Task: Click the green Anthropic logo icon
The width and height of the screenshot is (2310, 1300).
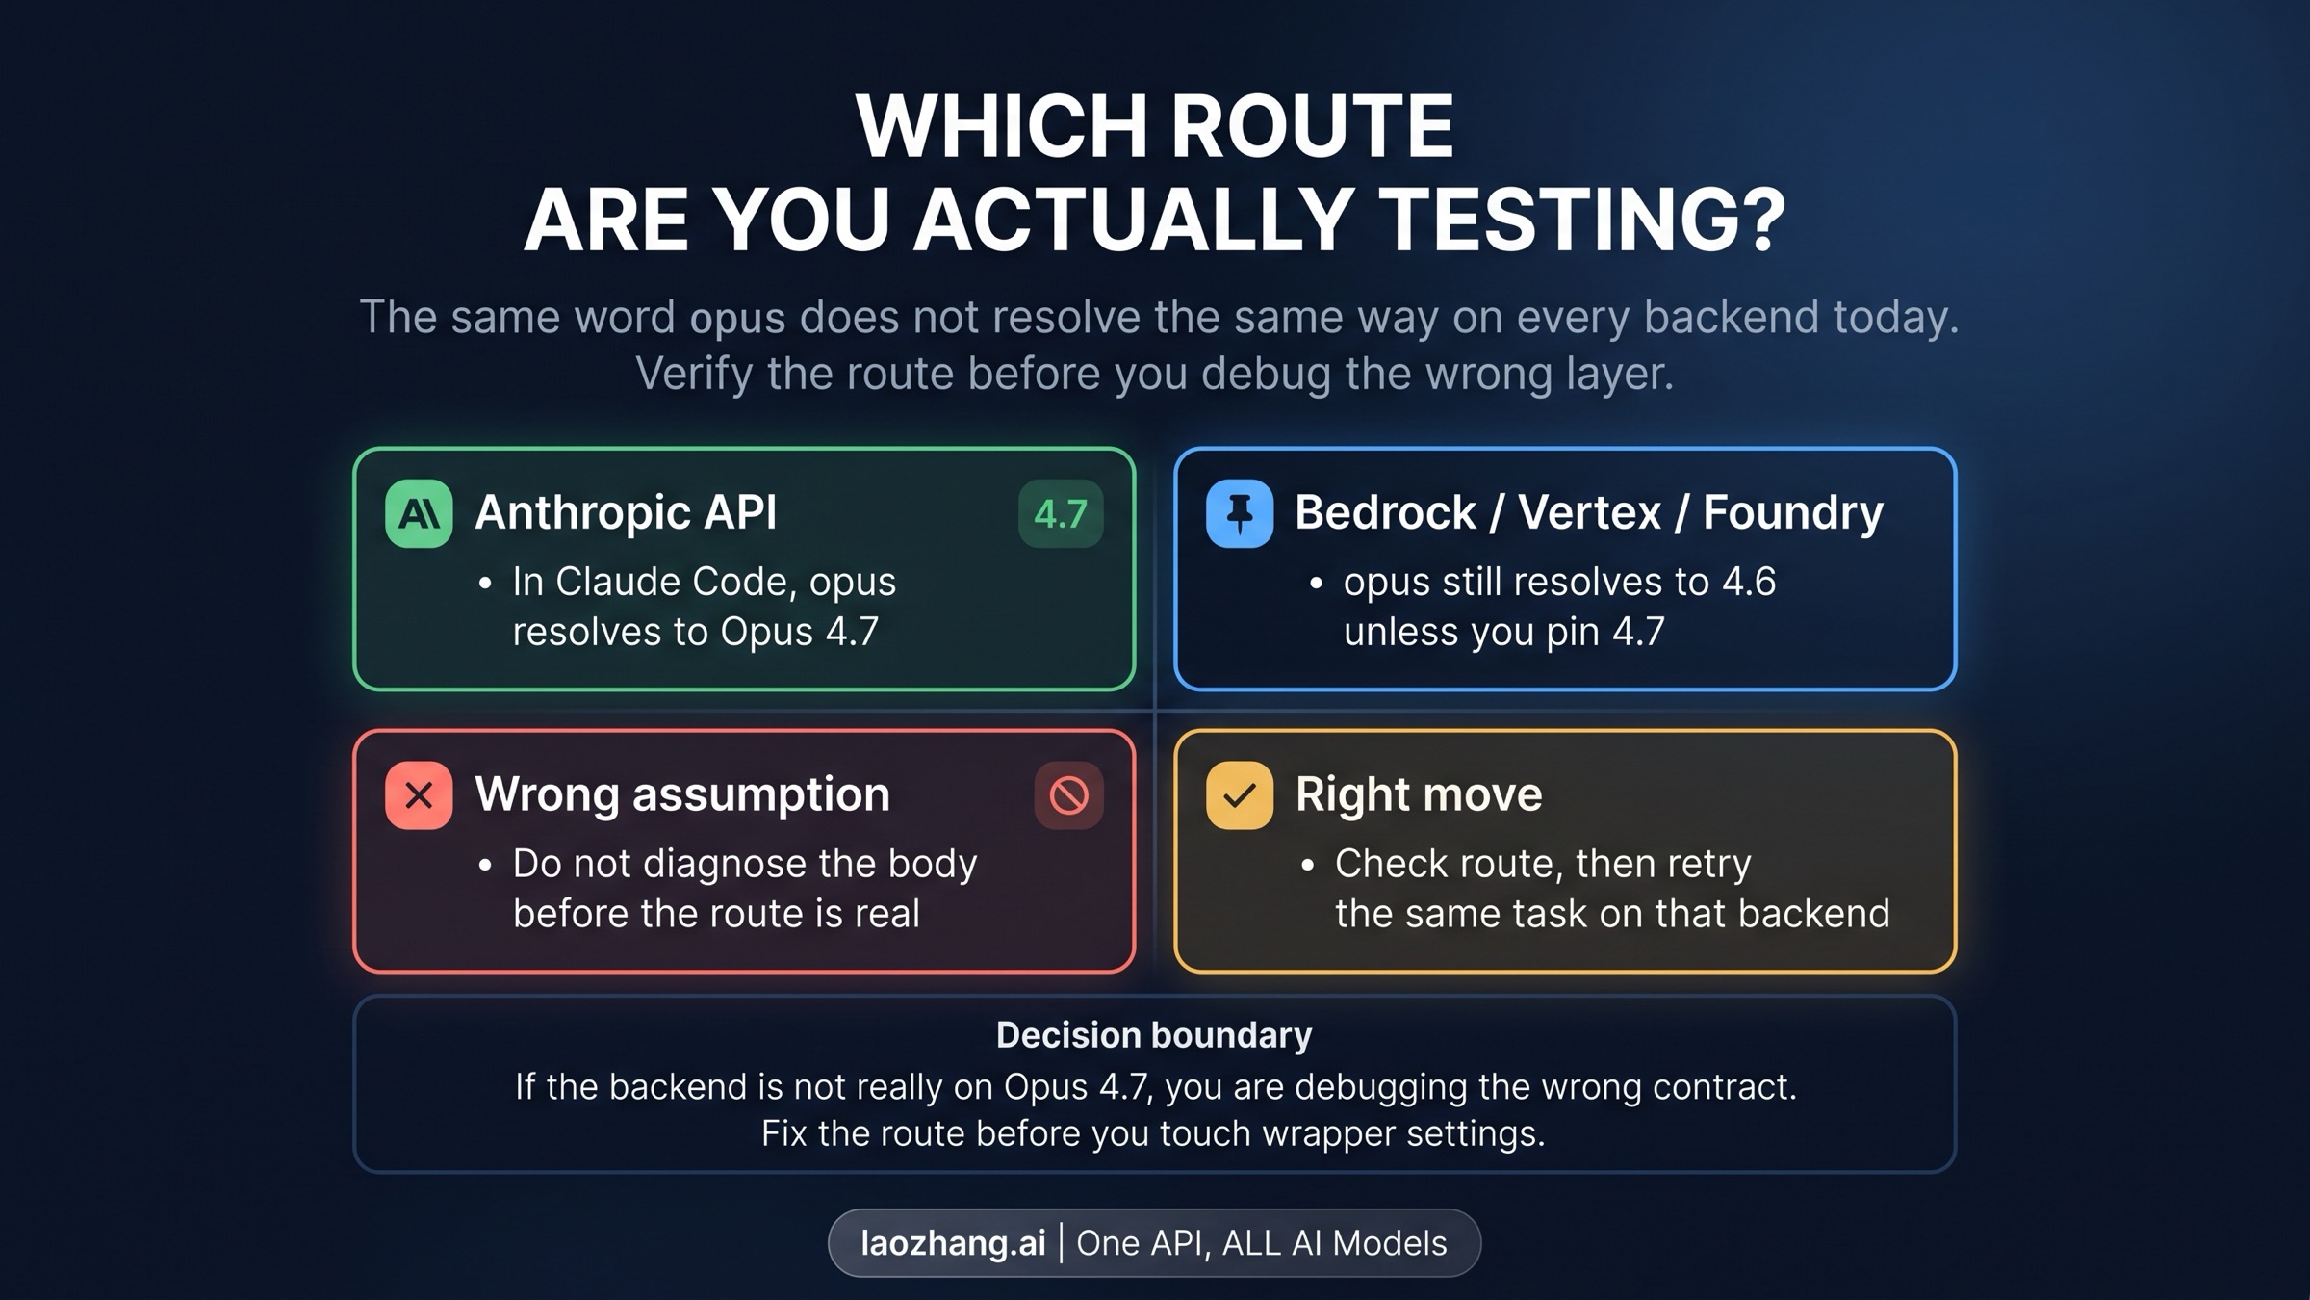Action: click(x=419, y=513)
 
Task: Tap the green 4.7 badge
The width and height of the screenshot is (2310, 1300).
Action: click(x=1061, y=513)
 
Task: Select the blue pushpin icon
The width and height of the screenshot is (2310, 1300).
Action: click(x=1240, y=513)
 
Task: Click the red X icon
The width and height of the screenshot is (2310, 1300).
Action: click(x=419, y=795)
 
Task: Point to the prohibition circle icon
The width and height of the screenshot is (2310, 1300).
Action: click(x=1068, y=795)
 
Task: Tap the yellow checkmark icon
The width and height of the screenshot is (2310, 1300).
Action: click(x=1240, y=795)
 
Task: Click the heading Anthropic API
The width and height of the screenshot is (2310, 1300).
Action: click(x=626, y=512)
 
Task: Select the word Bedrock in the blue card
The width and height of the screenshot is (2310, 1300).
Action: click(x=1385, y=512)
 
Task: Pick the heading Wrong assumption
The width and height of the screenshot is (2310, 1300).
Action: click(x=682, y=795)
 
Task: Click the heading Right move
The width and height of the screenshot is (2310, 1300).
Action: click(x=1419, y=794)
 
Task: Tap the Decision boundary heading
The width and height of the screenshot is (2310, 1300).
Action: click(x=1154, y=1036)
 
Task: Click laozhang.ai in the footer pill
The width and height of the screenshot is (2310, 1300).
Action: click(x=953, y=1243)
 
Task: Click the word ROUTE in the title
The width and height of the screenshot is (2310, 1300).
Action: click(x=1312, y=126)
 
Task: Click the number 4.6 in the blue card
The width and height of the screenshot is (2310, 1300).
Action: click(x=1749, y=582)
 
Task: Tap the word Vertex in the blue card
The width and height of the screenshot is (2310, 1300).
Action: click(x=1589, y=512)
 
